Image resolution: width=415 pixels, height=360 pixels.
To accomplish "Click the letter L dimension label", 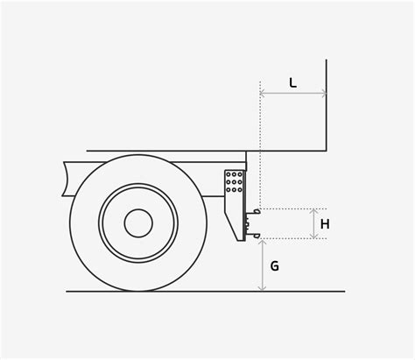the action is pos(292,83).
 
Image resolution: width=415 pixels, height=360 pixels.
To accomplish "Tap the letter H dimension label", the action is pos(325,224).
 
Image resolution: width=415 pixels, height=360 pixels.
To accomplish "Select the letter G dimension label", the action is pos(274,266).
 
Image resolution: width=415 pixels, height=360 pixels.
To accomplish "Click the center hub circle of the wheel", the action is pos(138,222).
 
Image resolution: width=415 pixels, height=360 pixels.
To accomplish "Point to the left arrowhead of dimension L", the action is pos(262,94).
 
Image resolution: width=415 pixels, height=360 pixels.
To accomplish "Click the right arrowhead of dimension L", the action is pos(324,94).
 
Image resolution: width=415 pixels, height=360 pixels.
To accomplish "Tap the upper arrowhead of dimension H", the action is pos(313,211).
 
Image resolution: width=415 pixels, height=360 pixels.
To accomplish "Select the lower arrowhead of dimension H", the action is pos(313,236).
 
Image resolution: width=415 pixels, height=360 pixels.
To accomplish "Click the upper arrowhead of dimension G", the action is pos(263,242).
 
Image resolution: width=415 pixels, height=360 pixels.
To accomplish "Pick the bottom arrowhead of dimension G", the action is pos(263,288).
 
